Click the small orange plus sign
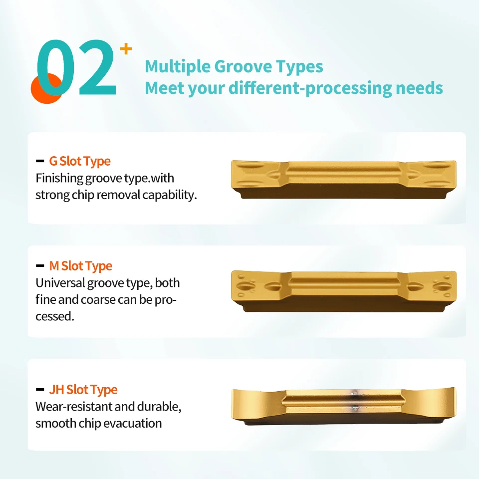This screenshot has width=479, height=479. click(x=126, y=49)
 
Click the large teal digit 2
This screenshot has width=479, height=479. click(x=97, y=67)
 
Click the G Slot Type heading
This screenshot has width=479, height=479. click(x=80, y=161)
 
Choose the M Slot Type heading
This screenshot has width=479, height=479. click(x=81, y=266)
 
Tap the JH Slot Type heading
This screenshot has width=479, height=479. click(x=83, y=390)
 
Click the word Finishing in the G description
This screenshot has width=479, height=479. click(x=59, y=179)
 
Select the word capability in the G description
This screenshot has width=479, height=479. click(x=170, y=195)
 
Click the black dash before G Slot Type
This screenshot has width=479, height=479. click(x=40, y=161)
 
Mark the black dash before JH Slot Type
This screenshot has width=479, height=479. click(x=40, y=390)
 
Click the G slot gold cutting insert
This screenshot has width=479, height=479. click(x=344, y=180)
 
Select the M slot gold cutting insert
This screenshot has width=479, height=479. click(x=344, y=291)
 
